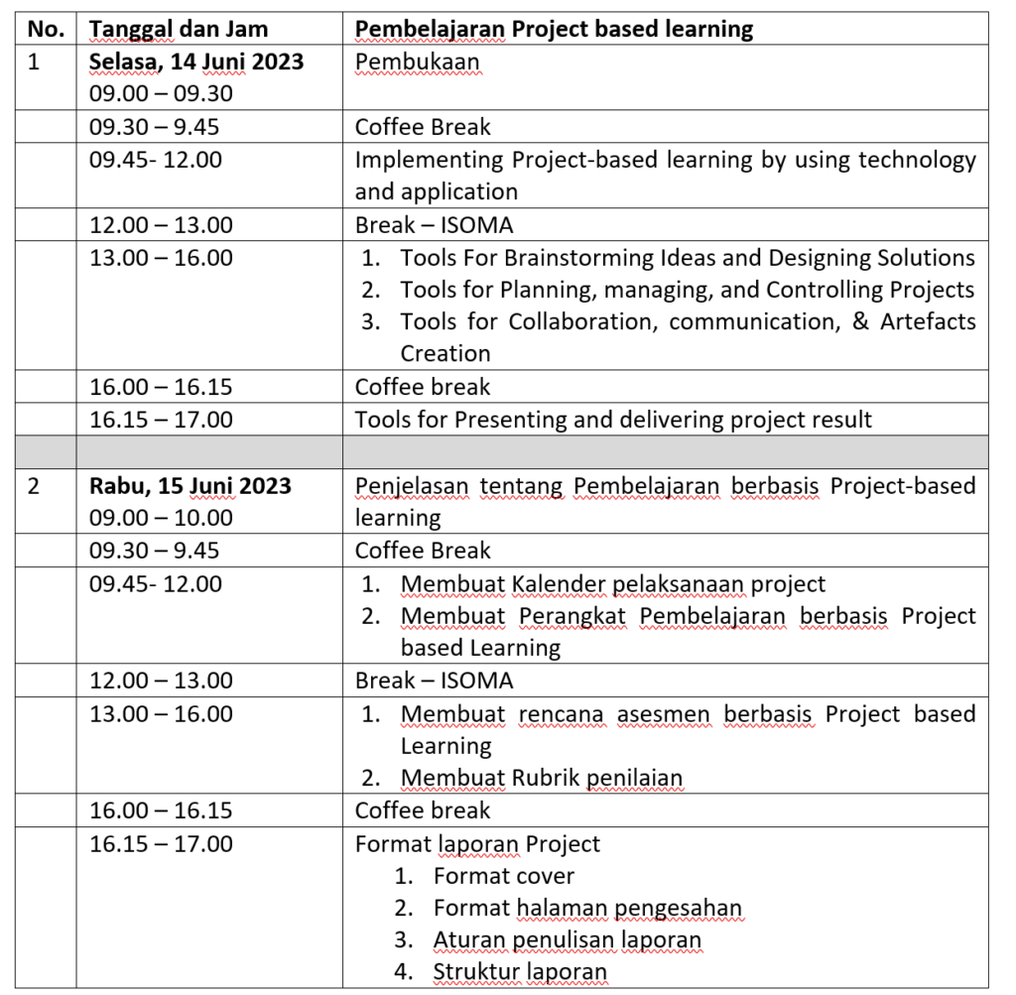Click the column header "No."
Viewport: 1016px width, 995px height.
click(x=46, y=29)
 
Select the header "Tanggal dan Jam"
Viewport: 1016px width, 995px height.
click(x=179, y=29)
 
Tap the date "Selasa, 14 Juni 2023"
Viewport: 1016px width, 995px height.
click(x=196, y=62)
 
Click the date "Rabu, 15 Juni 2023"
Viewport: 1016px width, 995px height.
click(x=190, y=485)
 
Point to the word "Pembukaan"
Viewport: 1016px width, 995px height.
click(x=417, y=62)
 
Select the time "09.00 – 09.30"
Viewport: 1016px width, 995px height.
click(x=161, y=93)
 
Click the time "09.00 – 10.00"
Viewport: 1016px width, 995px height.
click(x=161, y=517)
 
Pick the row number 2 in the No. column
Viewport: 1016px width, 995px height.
click(x=34, y=486)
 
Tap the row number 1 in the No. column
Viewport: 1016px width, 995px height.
click(x=34, y=62)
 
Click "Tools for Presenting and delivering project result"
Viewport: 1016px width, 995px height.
click(x=613, y=420)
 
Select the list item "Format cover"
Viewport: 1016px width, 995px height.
click(x=503, y=876)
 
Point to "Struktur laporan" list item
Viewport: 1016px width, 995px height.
click(x=519, y=972)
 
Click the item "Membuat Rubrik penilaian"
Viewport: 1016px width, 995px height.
click(x=542, y=778)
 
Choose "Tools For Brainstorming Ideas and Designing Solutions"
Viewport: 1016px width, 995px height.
click(x=688, y=258)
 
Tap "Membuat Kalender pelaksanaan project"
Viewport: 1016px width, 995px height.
click(x=612, y=584)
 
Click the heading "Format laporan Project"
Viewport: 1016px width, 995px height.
click(x=477, y=844)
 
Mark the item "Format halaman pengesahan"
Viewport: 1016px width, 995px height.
click(x=587, y=908)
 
